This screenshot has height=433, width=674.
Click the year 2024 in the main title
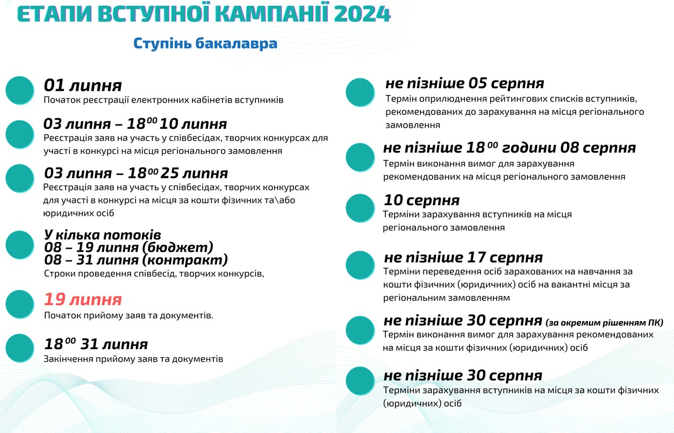click(362, 14)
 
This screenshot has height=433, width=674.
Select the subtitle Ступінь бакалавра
click(205, 43)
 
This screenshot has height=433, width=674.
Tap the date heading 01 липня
click(83, 85)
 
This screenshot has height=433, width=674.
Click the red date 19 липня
click(83, 299)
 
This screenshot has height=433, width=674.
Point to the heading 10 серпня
click(421, 200)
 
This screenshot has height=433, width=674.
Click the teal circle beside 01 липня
click(20, 90)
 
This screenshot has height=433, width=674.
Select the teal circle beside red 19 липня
click(20, 304)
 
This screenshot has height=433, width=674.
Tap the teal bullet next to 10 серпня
click(360, 208)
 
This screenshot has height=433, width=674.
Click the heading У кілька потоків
click(103, 235)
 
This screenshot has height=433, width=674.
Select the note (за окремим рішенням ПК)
click(604, 323)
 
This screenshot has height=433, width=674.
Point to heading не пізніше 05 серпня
click(464, 83)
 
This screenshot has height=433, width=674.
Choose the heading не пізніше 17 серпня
click(463, 257)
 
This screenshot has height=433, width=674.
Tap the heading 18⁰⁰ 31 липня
click(96, 344)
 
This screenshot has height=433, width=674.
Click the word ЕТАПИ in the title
click(49, 14)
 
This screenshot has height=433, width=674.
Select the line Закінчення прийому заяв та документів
click(133, 359)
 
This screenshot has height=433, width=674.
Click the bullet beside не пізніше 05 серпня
click(360, 92)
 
